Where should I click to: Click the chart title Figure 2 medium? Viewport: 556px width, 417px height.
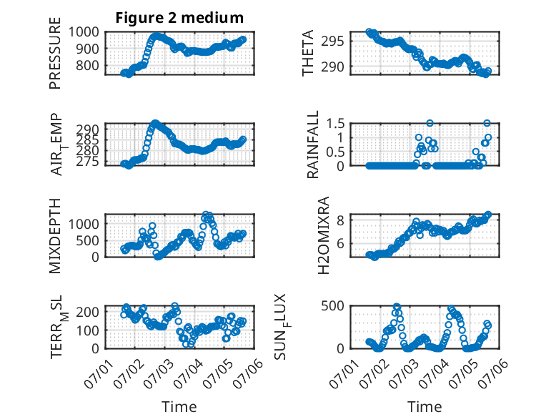(x=179, y=18)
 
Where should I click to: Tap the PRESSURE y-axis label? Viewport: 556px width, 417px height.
(x=55, y=53)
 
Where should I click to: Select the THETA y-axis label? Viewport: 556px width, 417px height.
(x=308, y=53)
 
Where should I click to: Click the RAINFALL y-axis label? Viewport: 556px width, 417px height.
(x=313, y=144)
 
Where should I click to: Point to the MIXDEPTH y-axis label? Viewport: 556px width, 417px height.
(x=55, y=235)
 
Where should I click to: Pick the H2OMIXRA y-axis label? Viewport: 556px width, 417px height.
(x=324, y=235)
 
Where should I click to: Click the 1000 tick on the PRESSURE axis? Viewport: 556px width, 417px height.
(x=84, y=32)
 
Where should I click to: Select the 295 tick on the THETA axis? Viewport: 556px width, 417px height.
(x=332, y=41)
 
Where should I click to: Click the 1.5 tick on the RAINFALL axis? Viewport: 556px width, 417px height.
(x=335, y=124)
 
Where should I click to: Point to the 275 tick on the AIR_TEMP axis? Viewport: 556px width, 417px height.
(x=88, y=162)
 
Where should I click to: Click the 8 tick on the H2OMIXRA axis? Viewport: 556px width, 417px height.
(x=340, y=220)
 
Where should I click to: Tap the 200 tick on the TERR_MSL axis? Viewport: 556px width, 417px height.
(x=87, y=312)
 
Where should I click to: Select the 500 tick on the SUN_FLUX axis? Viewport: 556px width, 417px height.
(x=332, y=306)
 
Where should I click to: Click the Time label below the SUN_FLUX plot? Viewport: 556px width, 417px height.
(x=425, y=407)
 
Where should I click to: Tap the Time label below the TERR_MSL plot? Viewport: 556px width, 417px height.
(x=179, y=407)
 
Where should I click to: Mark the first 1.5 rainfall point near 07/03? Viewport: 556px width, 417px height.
(x=430, y=123)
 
